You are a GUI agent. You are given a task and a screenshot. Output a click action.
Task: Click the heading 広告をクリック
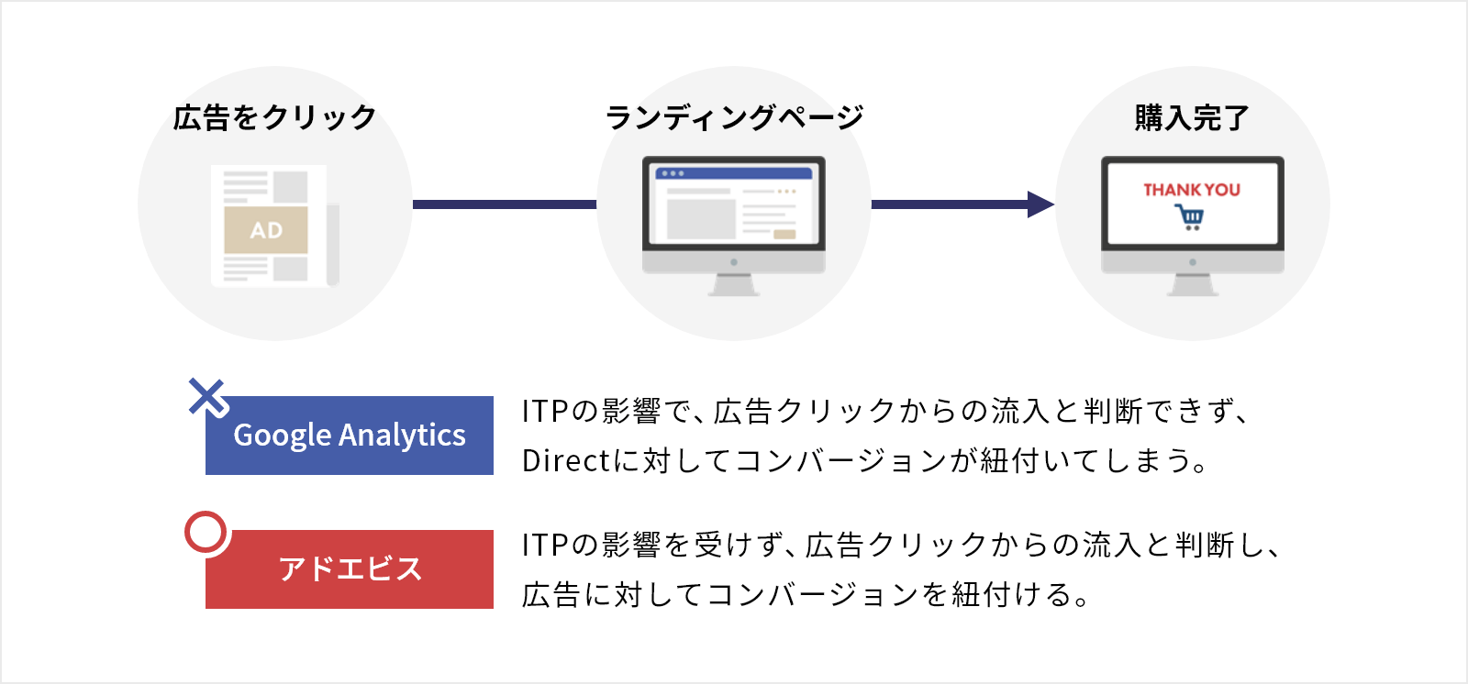(274, 118)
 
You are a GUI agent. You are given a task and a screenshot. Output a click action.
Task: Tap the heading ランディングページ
(734, 118)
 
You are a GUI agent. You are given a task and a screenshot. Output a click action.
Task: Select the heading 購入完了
(1192, 118)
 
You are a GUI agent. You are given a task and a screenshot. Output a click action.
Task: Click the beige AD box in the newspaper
(266, 230)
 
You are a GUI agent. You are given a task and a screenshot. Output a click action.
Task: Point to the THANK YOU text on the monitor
(1192, 190)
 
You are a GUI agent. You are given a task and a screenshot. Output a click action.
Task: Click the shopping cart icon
(1189, 217)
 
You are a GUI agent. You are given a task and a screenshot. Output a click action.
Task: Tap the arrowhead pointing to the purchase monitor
(1040, 204)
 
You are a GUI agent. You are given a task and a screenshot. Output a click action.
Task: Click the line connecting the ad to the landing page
(505, 204)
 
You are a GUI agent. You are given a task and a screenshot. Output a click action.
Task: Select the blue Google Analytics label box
(350, 435)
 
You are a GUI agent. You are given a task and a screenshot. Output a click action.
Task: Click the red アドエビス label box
(350, 569)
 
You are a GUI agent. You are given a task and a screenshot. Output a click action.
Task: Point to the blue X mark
(207, 397)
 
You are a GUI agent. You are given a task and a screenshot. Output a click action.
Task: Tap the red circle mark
(206, 532)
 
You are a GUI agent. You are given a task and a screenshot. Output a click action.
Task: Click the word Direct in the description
(566, 460)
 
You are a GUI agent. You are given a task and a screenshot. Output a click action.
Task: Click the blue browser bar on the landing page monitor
(734, 173)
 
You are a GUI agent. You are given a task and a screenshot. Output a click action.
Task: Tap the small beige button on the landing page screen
(784, 235)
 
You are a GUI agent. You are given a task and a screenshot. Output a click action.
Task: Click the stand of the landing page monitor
(734, 285)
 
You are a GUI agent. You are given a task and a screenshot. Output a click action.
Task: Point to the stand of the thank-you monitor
(1193, 285)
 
